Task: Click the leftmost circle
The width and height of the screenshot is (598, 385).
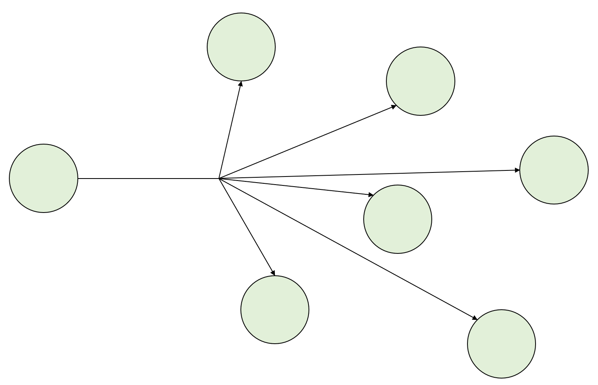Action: click(x=43, y=178)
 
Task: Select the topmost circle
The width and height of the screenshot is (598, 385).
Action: click(x=241, y=47)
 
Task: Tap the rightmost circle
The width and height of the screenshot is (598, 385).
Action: click(x=554, y=170)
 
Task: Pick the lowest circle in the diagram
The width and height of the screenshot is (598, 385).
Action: click(x=502, y=344)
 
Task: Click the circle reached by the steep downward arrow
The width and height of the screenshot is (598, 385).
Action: click(x=275, y=310)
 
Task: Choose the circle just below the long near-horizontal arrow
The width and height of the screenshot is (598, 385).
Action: click(x=398, y=219)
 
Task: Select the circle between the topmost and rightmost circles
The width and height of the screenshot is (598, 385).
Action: click(x=421, y=81)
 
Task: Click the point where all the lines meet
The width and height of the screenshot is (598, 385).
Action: click(x=219, y=178)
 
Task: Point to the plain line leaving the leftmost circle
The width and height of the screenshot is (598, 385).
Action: click(x=148, y=178)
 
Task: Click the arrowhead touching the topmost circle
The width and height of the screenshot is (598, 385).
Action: click(x=241, y=84)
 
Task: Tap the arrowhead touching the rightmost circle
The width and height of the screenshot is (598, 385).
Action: click(x=517, y=170)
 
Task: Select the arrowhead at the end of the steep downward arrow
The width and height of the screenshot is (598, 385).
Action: click(x=273, y=273)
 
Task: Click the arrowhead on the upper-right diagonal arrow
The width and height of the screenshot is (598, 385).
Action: click(x=394, y=107)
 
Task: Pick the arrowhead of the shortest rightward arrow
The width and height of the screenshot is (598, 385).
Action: click(x=371, y=195)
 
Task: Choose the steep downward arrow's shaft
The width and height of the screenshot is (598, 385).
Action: click(x=246, y=225)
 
